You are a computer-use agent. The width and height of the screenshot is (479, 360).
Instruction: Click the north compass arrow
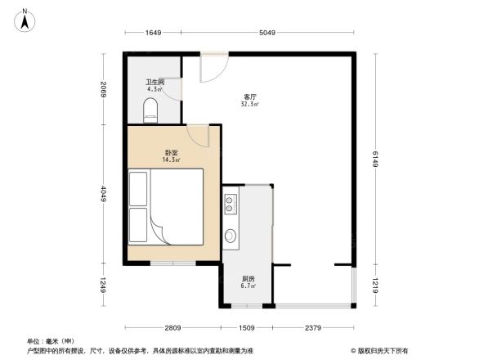(25, 19)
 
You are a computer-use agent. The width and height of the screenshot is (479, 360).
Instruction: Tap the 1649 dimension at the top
(153, 34)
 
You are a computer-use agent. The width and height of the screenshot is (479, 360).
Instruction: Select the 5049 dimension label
(269, 34)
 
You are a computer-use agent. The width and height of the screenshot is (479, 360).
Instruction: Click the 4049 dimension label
(104, 193)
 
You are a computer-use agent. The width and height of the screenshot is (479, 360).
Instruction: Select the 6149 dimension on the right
(376, 159)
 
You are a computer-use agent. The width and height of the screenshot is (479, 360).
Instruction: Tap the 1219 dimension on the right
(376, 286)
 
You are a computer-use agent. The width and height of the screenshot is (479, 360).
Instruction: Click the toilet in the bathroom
(150, 110)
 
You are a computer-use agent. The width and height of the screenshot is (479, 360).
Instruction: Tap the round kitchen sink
(231, 237)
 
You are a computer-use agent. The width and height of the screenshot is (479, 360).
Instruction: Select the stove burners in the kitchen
(231, 204)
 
